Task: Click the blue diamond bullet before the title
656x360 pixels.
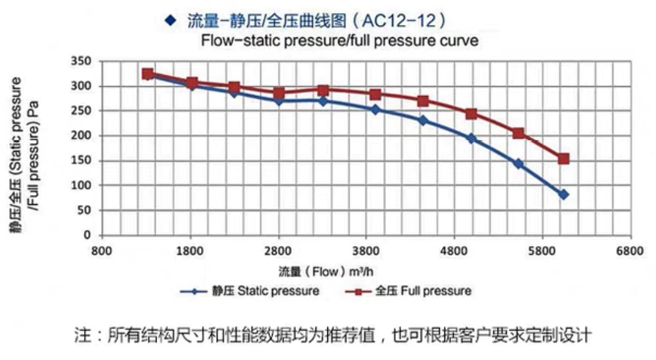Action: [172, 20]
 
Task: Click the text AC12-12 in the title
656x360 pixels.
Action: [408, 20]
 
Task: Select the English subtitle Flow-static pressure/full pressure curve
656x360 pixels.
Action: [339, 41]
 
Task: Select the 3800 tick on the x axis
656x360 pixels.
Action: [366, 251]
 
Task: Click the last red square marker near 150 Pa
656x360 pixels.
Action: [563, 159]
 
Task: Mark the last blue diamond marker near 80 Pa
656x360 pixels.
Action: [563, 194]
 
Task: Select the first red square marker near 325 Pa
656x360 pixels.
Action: [148, 74]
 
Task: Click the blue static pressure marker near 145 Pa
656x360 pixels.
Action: [519, 164]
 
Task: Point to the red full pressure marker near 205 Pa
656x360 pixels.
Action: [519, 133]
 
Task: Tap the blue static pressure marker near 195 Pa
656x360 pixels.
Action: [471, 139]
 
